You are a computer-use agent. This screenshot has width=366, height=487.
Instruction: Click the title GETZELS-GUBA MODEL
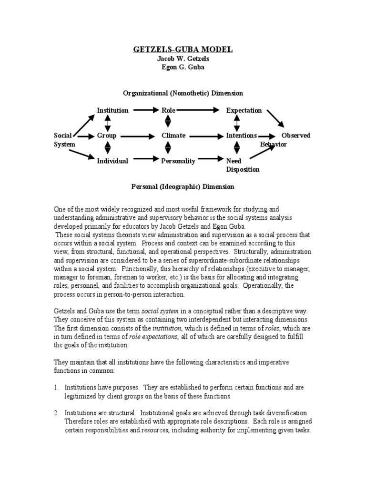pos(183,49)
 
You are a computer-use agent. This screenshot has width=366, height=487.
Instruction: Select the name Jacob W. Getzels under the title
pos(183,59)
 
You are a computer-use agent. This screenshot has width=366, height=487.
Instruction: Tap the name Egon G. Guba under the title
pos(183,67)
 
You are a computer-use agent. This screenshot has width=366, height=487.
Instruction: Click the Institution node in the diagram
pos(112,110)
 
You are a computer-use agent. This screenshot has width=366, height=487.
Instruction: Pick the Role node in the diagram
pos(169,110)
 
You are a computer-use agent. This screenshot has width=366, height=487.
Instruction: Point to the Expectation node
pos(244,110)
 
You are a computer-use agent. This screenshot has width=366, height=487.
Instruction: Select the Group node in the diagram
pos(107,136)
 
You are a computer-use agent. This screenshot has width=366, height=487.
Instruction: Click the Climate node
pos(173,136)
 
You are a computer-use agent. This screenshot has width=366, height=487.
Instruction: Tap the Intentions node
pos(242,136)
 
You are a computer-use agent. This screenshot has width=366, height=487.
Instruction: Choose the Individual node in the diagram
pos(112,161)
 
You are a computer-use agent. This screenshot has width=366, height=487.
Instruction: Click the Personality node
pos(178,161)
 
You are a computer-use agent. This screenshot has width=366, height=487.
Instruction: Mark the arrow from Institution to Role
pos(145,110)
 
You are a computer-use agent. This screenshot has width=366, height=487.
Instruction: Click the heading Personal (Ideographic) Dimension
pos(183,187)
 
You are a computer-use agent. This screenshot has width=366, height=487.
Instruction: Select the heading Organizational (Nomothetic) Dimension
pos(183,93)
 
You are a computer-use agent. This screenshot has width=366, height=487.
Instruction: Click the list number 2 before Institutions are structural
pos(56,414)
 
